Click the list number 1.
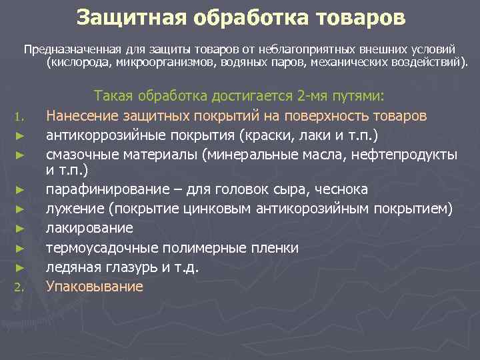20,118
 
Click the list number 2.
20,289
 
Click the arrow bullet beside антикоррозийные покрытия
20,136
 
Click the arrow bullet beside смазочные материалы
20,155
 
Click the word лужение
71,209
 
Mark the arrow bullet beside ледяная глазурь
20,267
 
